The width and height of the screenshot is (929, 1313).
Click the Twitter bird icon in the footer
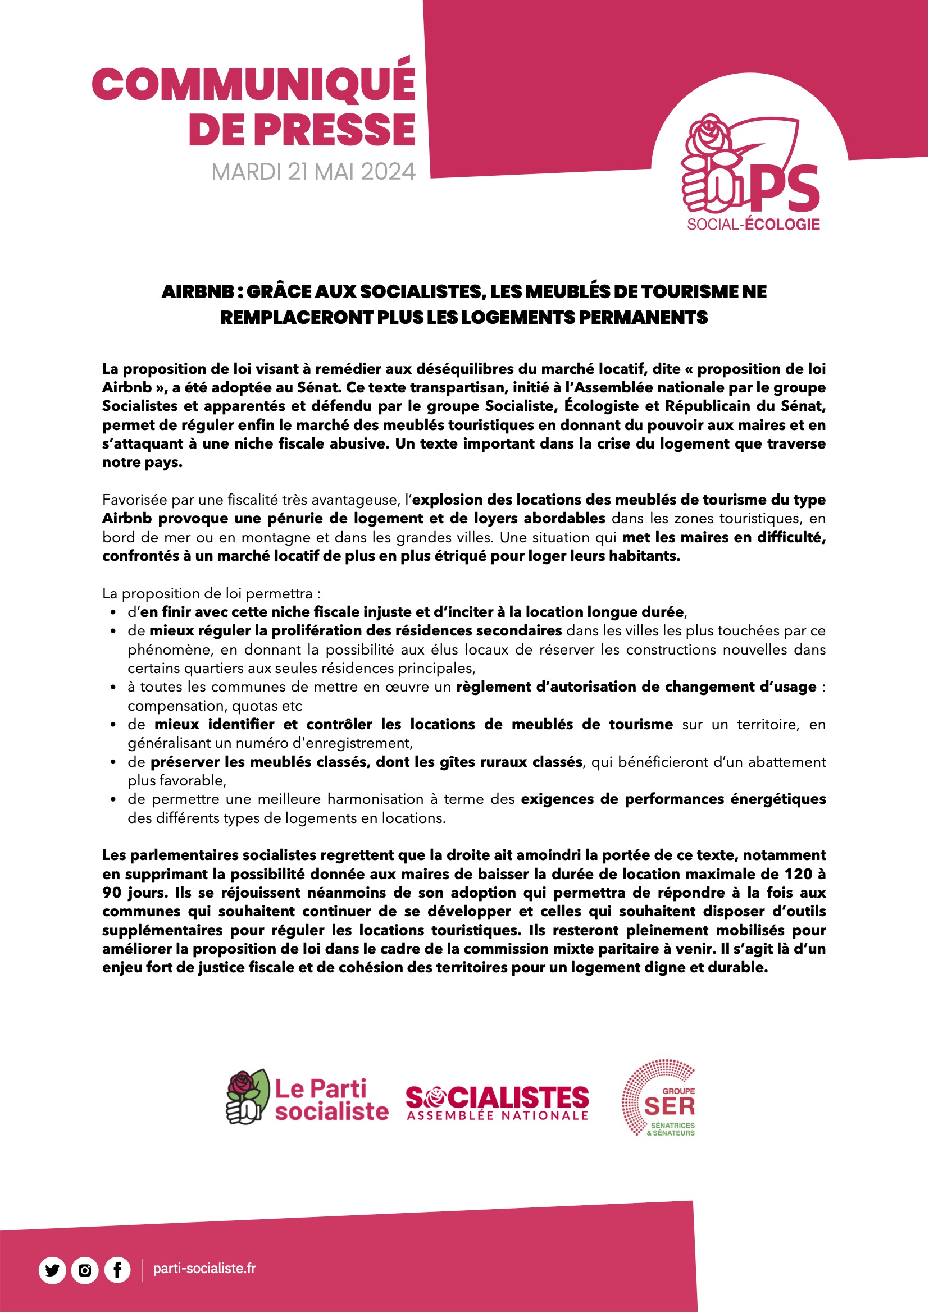coord(52,1271)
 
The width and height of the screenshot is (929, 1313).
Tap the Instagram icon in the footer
coord(85,1271)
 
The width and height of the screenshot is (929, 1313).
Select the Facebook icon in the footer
coord(117,1271)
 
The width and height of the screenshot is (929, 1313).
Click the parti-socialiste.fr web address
coord(204,1269)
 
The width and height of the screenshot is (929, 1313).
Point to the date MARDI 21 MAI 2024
coord(313,172)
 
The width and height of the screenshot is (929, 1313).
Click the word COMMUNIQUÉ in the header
coord(253,84)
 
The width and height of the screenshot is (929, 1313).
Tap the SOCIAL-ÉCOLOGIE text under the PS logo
coord(753,225)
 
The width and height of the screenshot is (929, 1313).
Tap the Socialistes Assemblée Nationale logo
coord(497,1103)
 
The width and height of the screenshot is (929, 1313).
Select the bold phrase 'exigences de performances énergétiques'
coord(673,799)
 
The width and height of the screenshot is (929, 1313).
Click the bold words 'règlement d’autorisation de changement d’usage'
coord(636,687)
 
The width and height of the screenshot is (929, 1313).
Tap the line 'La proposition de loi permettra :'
coord(211,593)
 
